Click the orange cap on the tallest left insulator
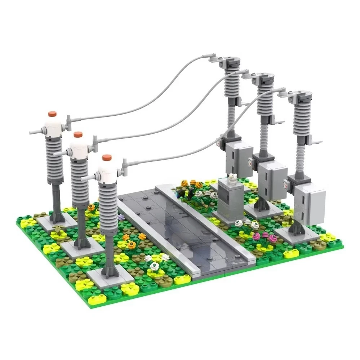[53, 114]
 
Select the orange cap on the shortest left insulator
[106, 157]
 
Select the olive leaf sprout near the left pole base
[58, 229]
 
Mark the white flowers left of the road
[157, 261]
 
